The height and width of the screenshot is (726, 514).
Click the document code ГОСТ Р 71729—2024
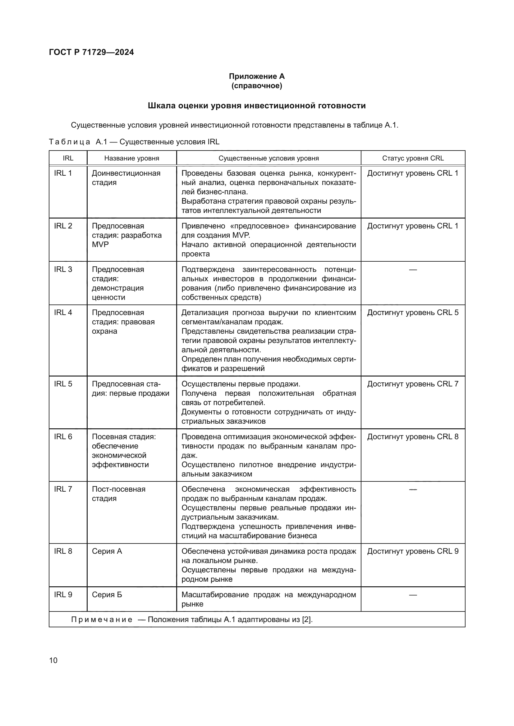(x=91, y=52)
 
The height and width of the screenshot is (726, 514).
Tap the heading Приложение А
(x=257, y=76)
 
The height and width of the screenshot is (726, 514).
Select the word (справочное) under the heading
(x=257, y=86)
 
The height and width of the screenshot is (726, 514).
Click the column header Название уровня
(x=132, y=158)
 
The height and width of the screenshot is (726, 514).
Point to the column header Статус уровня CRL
(x=413, y=158)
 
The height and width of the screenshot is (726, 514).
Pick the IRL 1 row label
(x=63, y=173)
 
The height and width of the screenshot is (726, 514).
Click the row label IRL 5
(x=63, y=384)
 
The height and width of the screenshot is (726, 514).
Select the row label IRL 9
(x=63, y=594)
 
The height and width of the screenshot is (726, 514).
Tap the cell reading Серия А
(x=107, y=551)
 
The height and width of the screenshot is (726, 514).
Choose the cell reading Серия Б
(x=107, y=594)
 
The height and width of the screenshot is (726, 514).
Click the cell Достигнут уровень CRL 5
(x=413, y=313)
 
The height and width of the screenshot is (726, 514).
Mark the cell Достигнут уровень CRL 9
(x=413, y=551)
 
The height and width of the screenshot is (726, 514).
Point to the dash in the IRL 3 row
(x=413, y=270)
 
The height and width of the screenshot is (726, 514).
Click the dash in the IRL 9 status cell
(x=413, y=595)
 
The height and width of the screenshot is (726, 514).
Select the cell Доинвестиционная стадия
(x=126, y=178)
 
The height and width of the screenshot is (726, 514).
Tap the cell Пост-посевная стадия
(x=118, y=494)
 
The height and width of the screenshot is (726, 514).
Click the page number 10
(x=53, y=660)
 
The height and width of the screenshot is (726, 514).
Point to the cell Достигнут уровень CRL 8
(x=413, y=437)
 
